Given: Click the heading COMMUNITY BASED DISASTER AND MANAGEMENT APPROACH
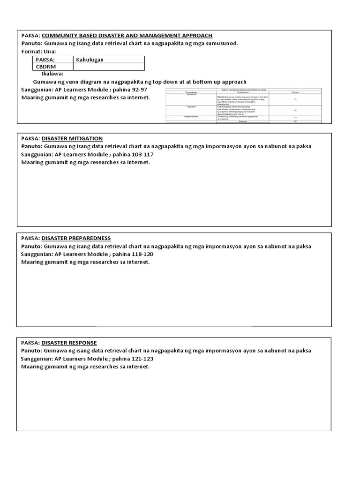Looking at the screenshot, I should click(x=127, y=35).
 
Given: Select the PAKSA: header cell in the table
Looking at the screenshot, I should click(x=45, y=60).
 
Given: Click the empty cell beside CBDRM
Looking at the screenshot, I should click(x=108, y=67).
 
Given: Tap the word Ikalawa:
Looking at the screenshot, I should click(x=53, y=74).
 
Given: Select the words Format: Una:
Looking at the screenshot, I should click(x=38, y=51).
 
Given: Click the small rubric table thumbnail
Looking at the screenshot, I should click(x=244, y=105).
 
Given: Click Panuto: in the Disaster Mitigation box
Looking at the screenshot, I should click(x=31, y=146).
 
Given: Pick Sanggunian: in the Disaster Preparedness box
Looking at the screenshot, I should click(x=37, y=254).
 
